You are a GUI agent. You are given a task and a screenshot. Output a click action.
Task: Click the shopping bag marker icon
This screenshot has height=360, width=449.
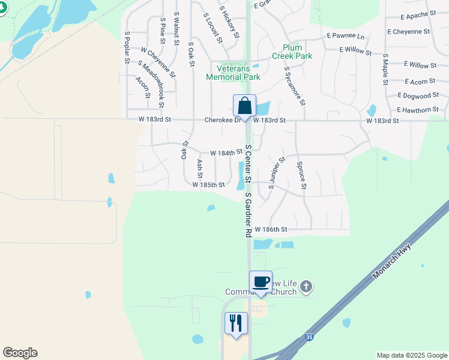pos(244,106)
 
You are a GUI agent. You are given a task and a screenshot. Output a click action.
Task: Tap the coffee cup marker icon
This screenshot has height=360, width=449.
pos(261,282)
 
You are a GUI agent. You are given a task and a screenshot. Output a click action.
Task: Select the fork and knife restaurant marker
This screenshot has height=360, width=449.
pos(235,323)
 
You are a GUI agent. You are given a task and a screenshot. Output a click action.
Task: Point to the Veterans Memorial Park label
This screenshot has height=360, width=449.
pos(233,73)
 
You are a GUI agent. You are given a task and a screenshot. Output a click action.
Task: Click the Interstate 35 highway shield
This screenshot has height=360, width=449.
pos(309,338)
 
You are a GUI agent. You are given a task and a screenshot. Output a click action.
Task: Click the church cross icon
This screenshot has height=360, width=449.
pos(306,287)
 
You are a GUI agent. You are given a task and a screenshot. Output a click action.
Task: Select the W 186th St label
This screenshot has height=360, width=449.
pos(271,230)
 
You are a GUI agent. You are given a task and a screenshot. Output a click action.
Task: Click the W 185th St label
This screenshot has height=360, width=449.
pos(208,185)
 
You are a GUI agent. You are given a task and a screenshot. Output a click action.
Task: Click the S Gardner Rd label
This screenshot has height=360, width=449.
pos(247,215)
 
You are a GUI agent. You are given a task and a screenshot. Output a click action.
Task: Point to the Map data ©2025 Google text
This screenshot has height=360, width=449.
pos(411,355)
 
